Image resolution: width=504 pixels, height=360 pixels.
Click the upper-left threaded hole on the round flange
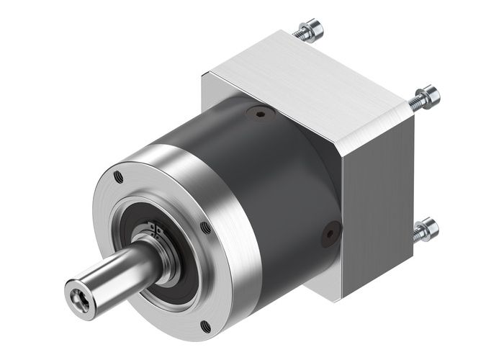coord(118,175)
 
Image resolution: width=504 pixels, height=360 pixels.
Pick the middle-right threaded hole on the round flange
coord(207,227)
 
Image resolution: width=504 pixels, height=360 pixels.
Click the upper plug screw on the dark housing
coord(258,112)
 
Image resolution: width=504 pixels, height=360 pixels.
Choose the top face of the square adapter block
coord(310,79)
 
